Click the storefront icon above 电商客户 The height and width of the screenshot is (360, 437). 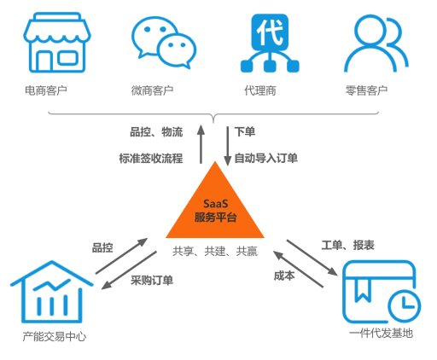(57, 43)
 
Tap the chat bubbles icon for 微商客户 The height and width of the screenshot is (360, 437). (164, 43)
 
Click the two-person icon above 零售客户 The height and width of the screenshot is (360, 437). (376, 44)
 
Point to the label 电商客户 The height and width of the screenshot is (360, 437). (46, 90)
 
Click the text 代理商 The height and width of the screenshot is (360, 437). (260, 90)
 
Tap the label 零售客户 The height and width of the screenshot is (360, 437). (366, 90)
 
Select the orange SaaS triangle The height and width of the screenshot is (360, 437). (215, 205)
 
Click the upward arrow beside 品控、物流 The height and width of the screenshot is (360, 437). (201, 144)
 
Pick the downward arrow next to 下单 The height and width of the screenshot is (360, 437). (227, 146)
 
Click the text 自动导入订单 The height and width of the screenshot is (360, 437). (266, 158)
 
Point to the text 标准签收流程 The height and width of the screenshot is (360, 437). (151, 159)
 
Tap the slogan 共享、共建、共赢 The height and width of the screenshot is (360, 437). (215, 251)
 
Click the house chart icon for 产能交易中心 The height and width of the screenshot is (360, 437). (52, 292)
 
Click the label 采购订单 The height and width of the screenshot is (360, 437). (152, 281)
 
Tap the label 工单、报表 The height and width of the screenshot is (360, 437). (347, 245)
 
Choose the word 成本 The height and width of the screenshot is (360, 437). (284, 276)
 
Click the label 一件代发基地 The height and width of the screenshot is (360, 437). (382, 333)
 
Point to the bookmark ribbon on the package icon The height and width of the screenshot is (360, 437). (363, 289)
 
